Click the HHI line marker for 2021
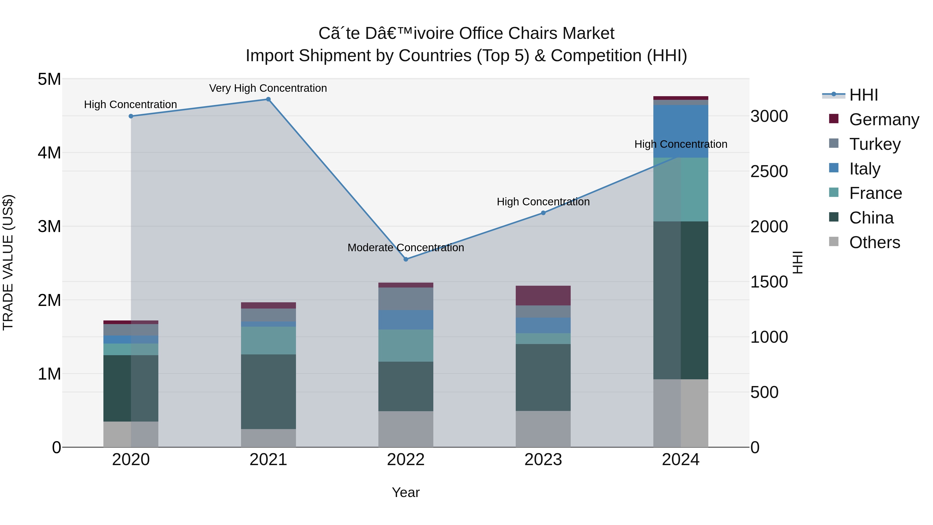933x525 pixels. (x=268, y=99)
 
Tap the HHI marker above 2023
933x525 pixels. (x=543, y=213)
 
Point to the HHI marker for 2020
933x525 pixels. (x=131, y=116)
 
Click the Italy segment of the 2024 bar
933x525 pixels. (x=681, y=131)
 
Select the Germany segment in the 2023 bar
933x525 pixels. (x=543, y=296)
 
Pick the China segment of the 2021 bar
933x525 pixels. (x=268, y=392)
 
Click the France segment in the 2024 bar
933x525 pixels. (x=681, y=190)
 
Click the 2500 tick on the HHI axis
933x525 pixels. (x=769, y=171)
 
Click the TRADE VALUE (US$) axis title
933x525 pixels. (x=8, y=262)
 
